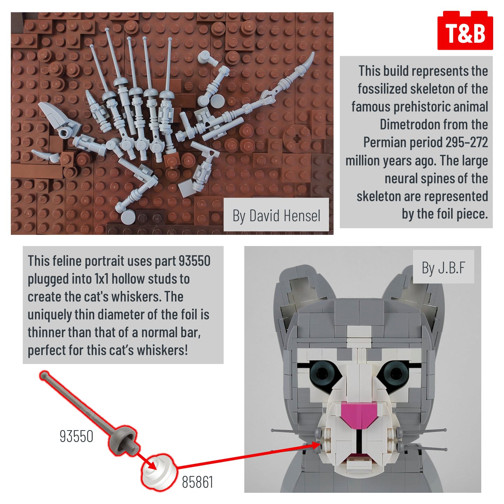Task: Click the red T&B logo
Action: click(465, 30)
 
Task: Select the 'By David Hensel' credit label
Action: click(276, 216)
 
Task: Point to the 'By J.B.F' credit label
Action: click(443, 267)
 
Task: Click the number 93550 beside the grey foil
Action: click(76, 436)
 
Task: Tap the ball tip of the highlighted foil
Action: click(45, 376)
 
